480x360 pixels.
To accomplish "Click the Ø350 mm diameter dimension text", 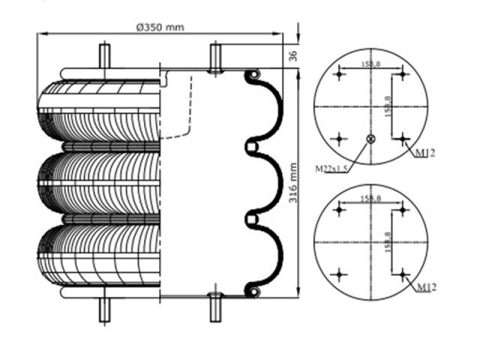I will tap(160, 28).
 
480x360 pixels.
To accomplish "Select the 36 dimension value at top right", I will tap(294, 55).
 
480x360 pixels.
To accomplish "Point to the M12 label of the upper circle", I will tap(424, 154).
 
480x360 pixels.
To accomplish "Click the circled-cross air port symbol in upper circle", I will tap(370, 139).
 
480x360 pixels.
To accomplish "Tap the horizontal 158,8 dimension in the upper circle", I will tap(370, 65).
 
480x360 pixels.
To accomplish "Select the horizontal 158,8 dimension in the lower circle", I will tap(370, 199).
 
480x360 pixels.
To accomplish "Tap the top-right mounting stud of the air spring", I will tap(215, 58).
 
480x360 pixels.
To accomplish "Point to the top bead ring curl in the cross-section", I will tap(253, 75).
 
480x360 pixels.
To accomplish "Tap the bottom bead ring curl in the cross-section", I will tap(253, 289).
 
